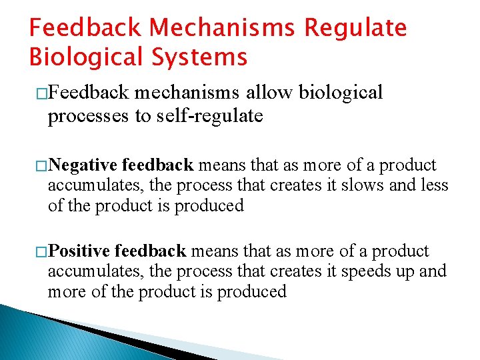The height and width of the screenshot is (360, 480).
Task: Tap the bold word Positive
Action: (80, 251)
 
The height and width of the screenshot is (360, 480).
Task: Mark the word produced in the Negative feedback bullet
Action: (209, 205)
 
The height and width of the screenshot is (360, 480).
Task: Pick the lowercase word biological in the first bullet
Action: (341, 92)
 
